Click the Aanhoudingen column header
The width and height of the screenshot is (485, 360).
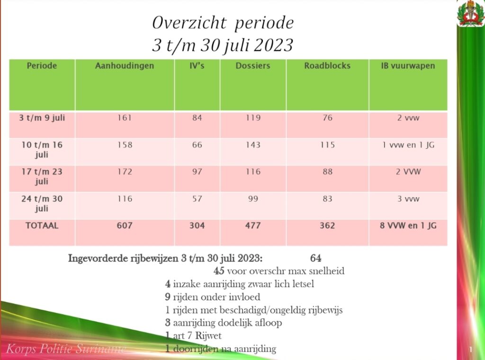click(125, 65)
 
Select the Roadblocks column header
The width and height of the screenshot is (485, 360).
click(327, 65)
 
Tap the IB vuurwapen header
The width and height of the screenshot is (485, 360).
click(408, 65)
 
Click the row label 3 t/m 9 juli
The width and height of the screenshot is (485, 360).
click(42, 117)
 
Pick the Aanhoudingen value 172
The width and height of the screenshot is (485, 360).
click(125, 171)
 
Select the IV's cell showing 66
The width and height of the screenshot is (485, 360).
click(197, 145)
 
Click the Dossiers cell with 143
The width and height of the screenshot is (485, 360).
click(253, 145)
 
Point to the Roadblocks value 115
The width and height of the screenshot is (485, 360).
click(328, 145)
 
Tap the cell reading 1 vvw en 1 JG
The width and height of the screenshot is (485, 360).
click(408, 145)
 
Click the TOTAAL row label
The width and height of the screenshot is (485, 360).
click(42, 225)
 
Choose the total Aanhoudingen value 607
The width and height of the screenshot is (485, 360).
click(125, 225)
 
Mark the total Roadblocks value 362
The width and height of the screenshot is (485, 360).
click(327, 225)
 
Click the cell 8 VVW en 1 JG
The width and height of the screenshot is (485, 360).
click(408, 225)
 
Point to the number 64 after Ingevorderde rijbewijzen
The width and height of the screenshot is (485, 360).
click(315, 258)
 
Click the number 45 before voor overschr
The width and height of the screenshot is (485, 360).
click(219, 271)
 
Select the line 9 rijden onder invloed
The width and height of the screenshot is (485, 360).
click(213, 297)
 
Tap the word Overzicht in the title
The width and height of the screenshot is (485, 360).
click(189, 23)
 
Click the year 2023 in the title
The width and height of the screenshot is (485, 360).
click(273, 45)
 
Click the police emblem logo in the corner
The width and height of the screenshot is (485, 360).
click(471, 13)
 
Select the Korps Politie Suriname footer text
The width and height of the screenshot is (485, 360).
click(66, 349)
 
